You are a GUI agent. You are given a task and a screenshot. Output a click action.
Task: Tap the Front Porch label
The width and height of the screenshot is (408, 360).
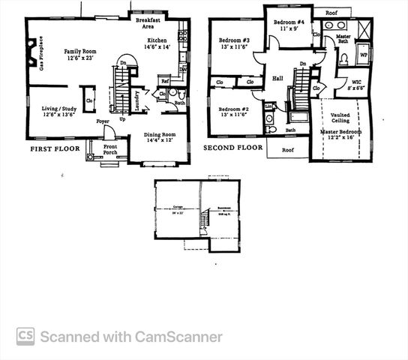pos(110,150)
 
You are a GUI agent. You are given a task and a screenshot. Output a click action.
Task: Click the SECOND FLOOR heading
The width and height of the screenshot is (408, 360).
pos(233,148)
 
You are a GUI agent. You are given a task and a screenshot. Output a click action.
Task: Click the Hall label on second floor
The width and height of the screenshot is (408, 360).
pos(277,77)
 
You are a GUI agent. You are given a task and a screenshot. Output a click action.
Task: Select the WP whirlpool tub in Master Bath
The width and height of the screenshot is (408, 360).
pos(364,55)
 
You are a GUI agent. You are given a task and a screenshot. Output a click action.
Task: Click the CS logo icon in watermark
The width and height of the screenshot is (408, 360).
pos(25,337)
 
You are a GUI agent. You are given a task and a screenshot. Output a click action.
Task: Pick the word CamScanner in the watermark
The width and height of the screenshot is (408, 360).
pos(177,337)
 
